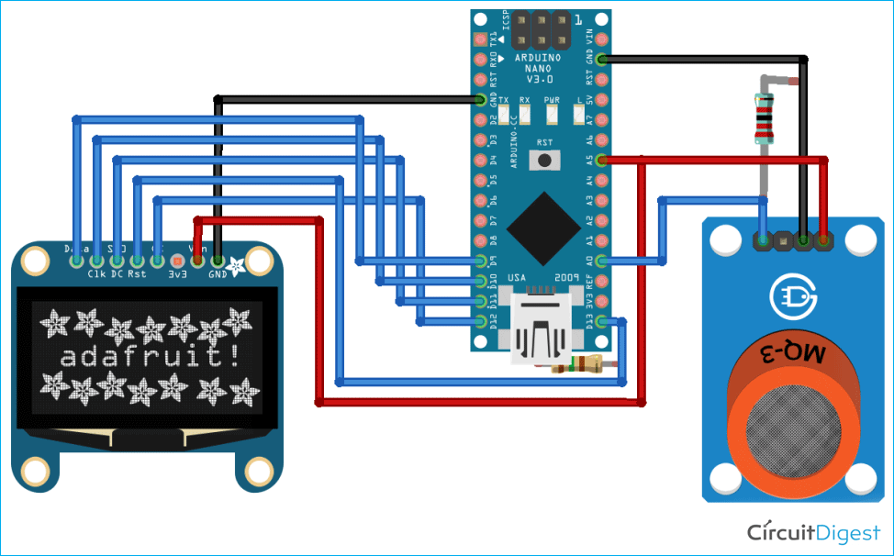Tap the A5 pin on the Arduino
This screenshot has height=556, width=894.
(x=601, y=160)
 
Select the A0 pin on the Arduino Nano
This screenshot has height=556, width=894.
(x=601, y=261)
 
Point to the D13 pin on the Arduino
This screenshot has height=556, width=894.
(x=601, y=321)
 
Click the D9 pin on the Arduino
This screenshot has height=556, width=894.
(x=480, y=261)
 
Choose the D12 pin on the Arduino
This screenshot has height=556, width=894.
(x=480, y=321)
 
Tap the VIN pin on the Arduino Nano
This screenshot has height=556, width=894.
(x=601, y=39)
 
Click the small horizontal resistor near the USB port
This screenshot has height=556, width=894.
(x=576, y=368)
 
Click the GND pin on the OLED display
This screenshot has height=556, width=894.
(x=218, y=261)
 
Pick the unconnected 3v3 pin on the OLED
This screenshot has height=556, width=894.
(x=175, y=261)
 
